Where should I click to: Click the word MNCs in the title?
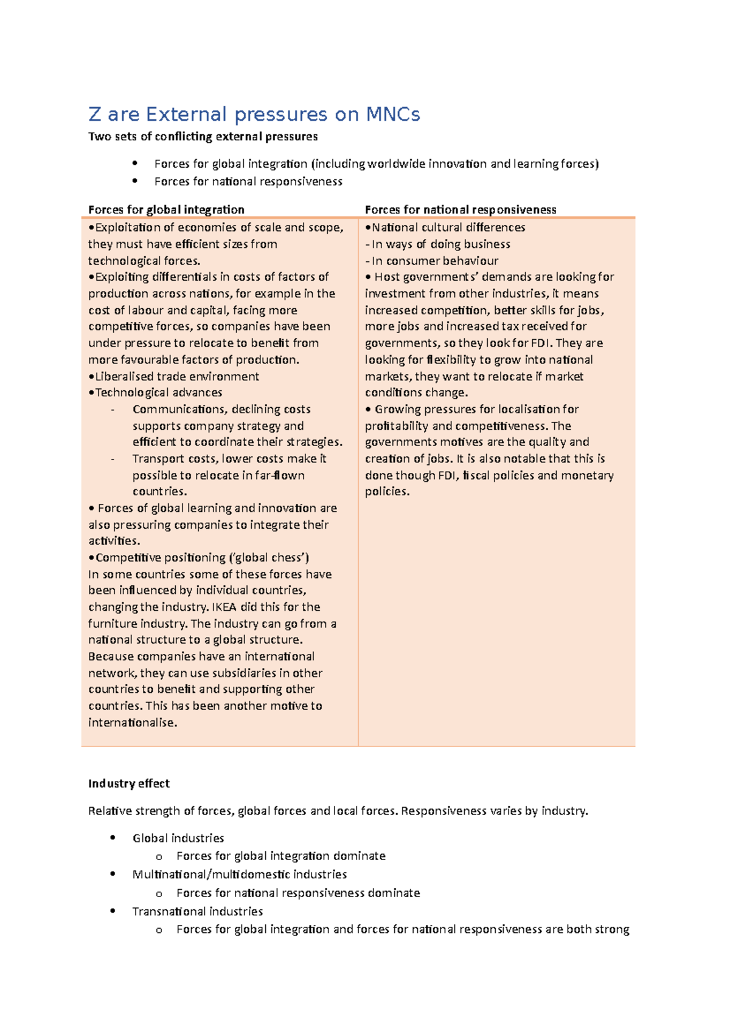pos(392,114)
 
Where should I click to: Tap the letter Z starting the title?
pos(94,114)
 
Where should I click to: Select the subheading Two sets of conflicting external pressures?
pos(203,136)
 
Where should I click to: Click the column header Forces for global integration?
pos(166,210)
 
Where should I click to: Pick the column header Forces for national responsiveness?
pos(461,210)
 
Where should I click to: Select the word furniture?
pos(113,624)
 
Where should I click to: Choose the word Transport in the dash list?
pos(156,458)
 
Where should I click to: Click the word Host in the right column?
pos(387,277)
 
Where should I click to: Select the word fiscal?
pos(476,475)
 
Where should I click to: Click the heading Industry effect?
pos(128,783)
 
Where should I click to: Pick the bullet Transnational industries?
pos(197,911)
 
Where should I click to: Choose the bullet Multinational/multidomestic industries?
pos(239,874)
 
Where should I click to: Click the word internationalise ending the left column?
pos(132,723)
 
